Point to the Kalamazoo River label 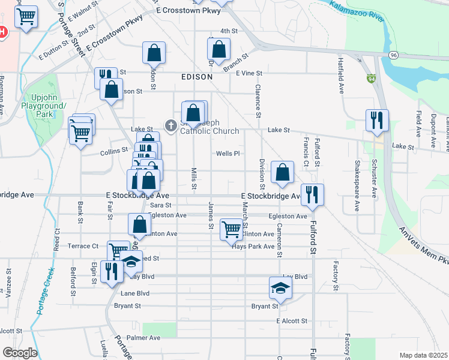pos(357,11)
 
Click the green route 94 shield pos(372,78)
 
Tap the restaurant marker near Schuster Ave pos(377,120)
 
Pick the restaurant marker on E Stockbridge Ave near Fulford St pos(312,194)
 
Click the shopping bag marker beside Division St pos(282,172)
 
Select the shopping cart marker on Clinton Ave pos(232,229)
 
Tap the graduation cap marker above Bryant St pos(280,288)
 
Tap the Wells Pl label pos(228,154)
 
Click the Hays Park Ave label pos(253,247)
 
